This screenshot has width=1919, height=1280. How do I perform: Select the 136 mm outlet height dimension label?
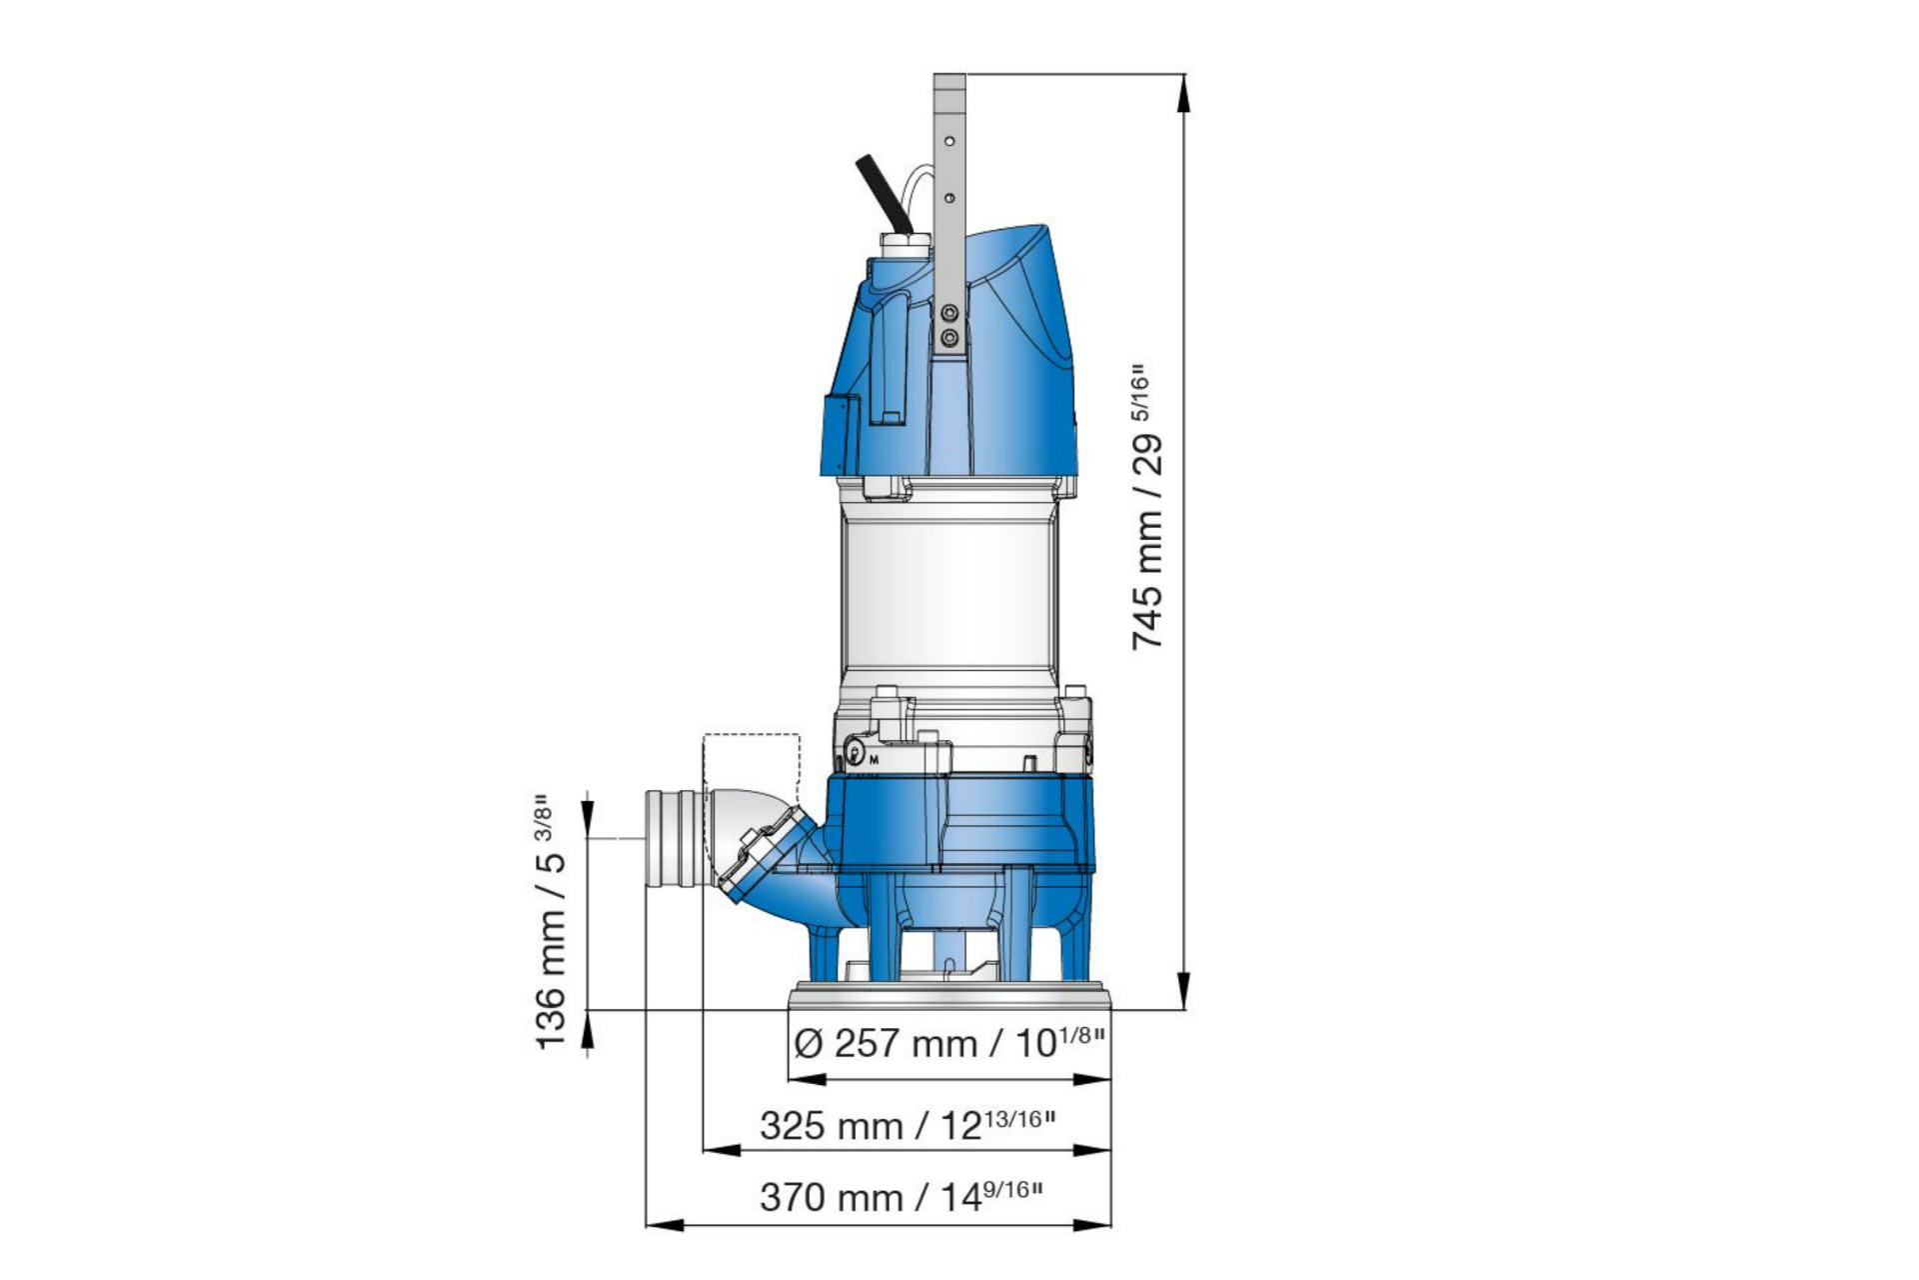point(551,922)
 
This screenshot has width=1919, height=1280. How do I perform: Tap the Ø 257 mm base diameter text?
point(949,1044)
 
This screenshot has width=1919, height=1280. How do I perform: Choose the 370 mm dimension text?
point(901,1196)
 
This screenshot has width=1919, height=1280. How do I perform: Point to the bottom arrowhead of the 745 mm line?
point(1184,990)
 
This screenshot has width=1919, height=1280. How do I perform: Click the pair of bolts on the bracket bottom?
point(950,326)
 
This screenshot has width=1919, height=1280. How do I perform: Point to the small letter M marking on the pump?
point(874,760)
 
